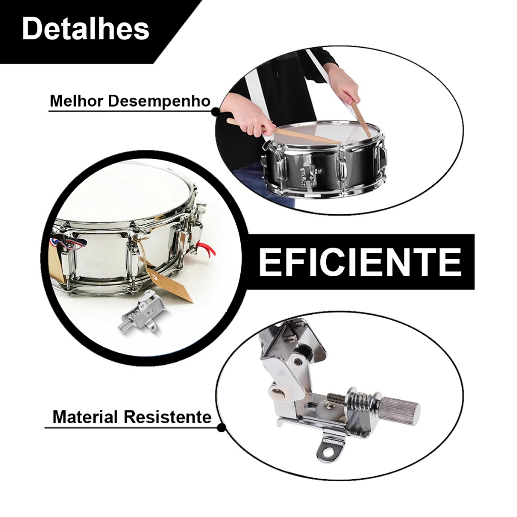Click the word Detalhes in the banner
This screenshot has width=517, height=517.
click(85, 29)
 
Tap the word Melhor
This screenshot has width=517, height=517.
click(77, 101)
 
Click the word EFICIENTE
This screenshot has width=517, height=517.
click(360, 262)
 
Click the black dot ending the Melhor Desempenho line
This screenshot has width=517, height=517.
click(215, 112)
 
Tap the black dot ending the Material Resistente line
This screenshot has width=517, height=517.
click(222, 428)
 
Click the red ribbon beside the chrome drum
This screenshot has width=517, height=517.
click(206, 249)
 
